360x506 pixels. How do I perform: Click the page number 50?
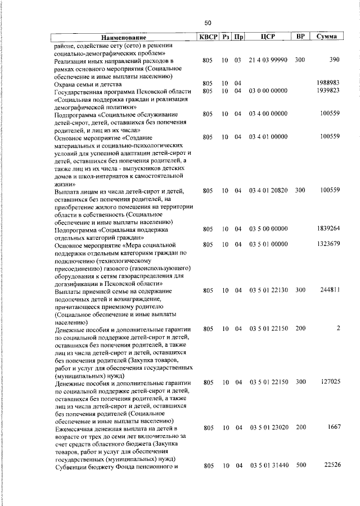pyautogui.click(x=208, y=23)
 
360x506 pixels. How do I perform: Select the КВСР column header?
pyautogui.click(x=208, y=37)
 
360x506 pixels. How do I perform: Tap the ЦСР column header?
pyautogui.click(x=268, y=37)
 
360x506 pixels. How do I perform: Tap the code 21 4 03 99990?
pyautogui.click(x=268, y=60)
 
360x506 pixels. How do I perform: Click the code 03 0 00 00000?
pyautogui.click(x=268, y=91)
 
